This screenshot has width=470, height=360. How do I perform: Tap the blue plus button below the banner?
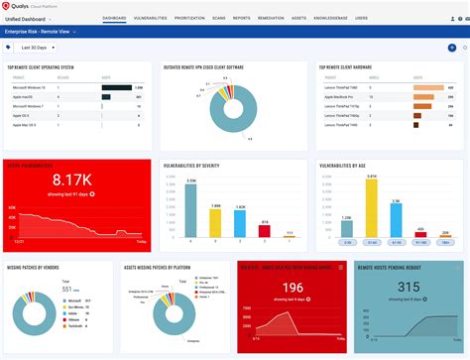point(452,48)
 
